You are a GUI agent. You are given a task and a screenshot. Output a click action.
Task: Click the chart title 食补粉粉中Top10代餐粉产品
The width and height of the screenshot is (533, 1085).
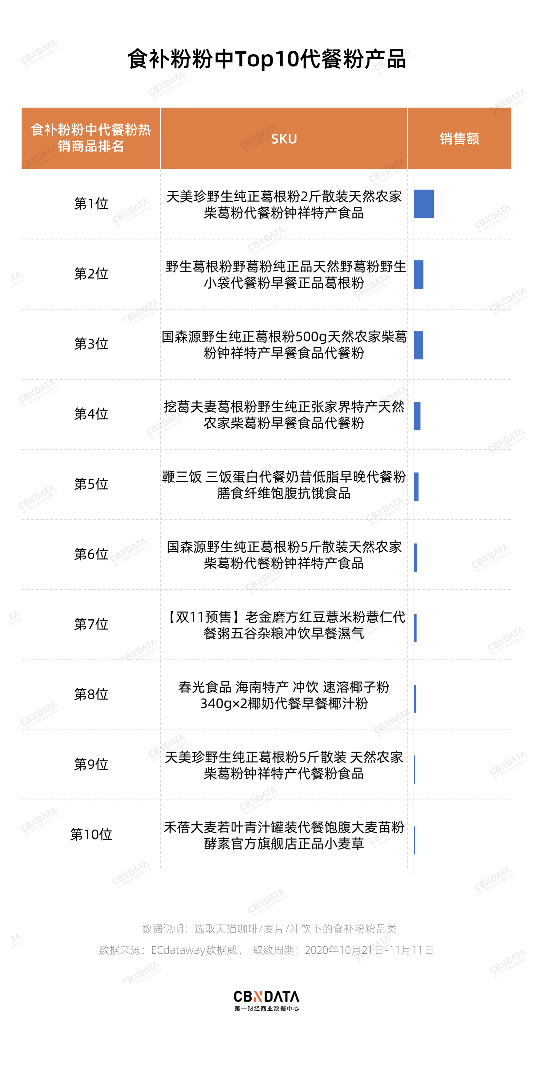(x=266, y=59)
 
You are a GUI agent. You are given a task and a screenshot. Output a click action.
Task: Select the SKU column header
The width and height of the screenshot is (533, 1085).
(x=284, y=139)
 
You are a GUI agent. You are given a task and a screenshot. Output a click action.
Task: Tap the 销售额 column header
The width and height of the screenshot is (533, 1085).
(x=459, y=139)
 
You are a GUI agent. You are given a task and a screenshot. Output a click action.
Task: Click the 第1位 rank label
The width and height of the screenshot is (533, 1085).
(x=91, y=204)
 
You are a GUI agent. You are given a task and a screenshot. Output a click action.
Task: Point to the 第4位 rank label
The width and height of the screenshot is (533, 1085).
(x=91, y=414)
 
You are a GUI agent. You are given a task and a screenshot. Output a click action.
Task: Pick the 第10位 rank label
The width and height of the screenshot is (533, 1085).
(x=91, y=834)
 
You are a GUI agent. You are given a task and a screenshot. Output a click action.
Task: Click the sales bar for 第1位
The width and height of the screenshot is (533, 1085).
(x=423, y=204)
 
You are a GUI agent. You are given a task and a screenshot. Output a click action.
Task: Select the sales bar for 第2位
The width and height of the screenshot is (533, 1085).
(x=418, y=275)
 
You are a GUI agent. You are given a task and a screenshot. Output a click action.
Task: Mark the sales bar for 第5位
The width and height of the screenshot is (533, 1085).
(x=416, y=487)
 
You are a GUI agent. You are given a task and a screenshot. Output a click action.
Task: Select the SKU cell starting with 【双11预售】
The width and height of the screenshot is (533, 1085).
(x=284, y=625)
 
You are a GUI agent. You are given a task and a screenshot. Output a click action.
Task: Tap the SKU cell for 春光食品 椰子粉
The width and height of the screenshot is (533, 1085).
(x=284, y=695)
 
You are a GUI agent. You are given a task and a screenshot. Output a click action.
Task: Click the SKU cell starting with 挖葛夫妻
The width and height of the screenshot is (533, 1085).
(x=284, y=415)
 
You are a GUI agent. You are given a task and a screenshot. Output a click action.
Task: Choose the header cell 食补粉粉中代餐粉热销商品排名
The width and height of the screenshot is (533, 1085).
(x=91, y=138)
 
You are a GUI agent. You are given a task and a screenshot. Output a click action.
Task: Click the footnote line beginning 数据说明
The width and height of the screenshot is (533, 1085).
(x=269, y=929)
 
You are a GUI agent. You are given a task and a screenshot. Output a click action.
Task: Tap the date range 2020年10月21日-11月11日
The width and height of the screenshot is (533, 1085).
(x=369, y=950)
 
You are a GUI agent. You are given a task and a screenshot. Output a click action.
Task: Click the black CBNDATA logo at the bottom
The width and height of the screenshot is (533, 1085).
(x=266, y=1000)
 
